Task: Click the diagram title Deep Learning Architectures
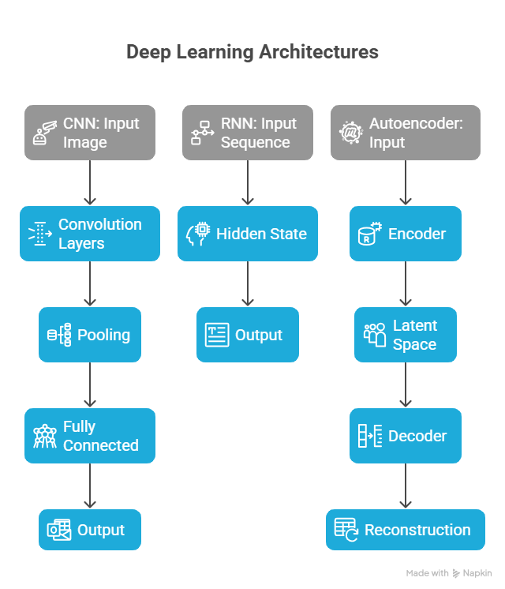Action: coord(252,52)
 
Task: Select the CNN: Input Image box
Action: coord(90,133)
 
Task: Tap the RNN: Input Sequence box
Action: coord(248,133)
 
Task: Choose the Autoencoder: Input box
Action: coord(406,133)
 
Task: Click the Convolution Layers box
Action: coord(90,234)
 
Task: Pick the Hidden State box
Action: coord(248,234)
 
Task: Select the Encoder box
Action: coord(406,234)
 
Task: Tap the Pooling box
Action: coord(90,335)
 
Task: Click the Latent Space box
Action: coord(406,335)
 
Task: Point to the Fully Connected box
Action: coord(90,436)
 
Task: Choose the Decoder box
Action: coord(406,436)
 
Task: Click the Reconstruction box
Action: coord(406,530)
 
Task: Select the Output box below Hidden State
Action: coord(248,335)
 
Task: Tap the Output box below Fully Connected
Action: coord(90,530)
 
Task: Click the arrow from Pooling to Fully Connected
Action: coord(90,385)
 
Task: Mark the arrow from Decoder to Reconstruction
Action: coord(406,486)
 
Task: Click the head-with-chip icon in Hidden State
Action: coord(198,234)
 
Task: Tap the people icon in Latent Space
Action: coord(375,335)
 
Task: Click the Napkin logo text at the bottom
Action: coord(478,573)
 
